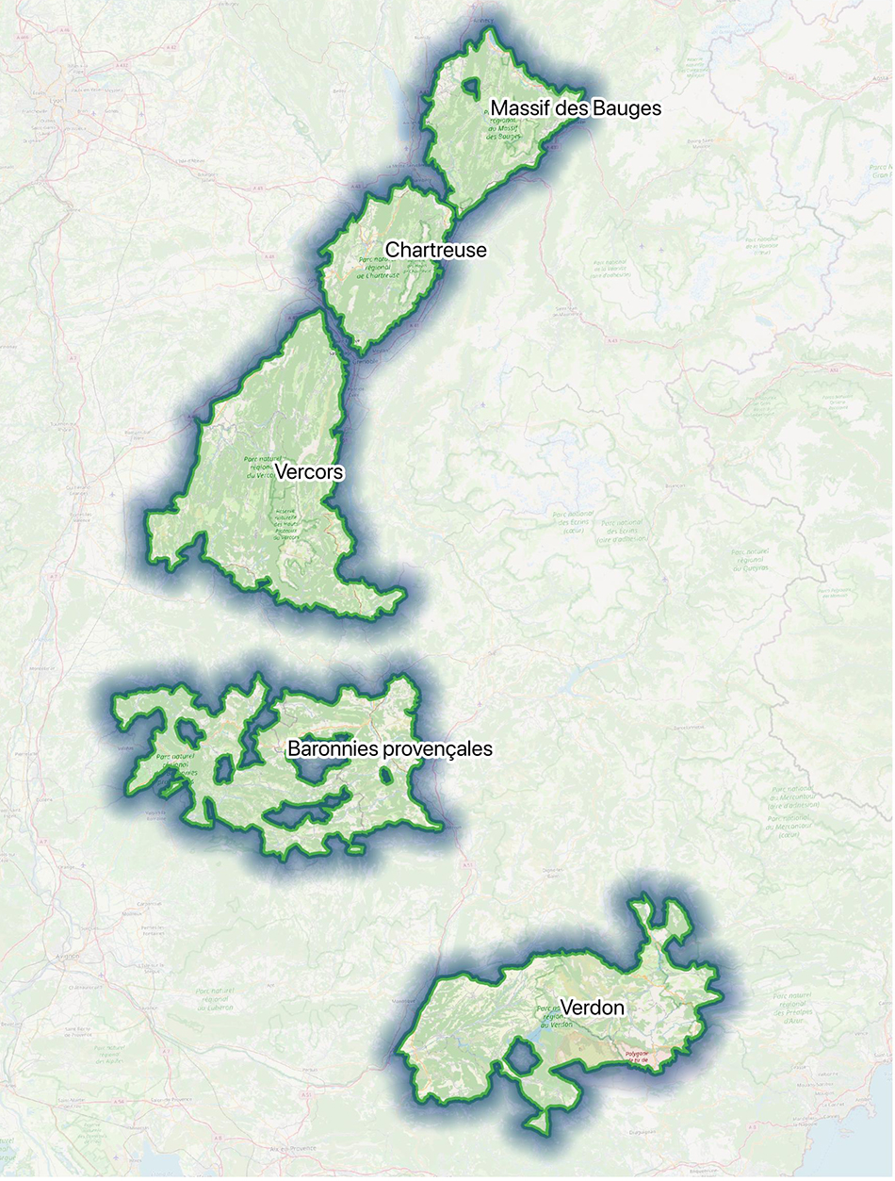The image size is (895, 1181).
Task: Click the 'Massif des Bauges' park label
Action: coord(576,108)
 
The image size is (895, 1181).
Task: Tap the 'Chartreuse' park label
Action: coord(435,250)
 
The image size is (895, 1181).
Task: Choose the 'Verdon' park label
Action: coord(592,1008)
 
